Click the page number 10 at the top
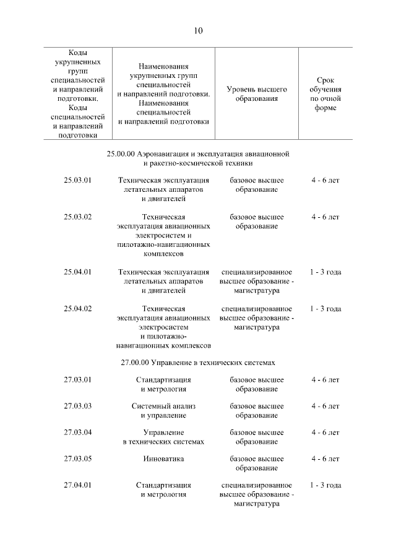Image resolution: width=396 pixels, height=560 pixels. pyautogui.click(x=197, y=30)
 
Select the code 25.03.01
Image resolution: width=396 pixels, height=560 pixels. pyautogui.click(x=77, y=181)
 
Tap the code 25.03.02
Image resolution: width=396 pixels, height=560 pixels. pyautogui.click(x=77, y=217)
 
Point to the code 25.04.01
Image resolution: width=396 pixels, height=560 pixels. pyautogui.click(x=77, y=272)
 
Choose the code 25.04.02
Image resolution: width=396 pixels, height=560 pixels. pyautogui.click(x=77, y=309)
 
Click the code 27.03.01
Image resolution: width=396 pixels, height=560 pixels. pyautogui.click(x=77, y=380)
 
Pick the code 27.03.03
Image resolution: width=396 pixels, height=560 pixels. pyautogui.click(x=77, y=407)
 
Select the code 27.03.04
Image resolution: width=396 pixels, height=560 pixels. pyautogui.click(x=77, y=433)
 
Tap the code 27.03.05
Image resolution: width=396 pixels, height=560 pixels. pyautogui.click(x=77, y=459)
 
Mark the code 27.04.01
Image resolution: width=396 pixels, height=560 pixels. pyautogui.click(x=77, y=486)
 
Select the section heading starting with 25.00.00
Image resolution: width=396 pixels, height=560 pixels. pyautogui.click(x=197, y=158)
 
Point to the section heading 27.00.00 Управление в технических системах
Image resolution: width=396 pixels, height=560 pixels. pyautogui.click(x=197, y=362)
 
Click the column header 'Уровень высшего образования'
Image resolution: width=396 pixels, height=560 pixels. pyautogui.click(x=257, y=93)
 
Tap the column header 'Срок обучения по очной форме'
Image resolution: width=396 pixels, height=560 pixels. pyautogui.click(x=325, y=93)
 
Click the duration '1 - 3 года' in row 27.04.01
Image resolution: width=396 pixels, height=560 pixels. pyautogui.click(x=325, y=486)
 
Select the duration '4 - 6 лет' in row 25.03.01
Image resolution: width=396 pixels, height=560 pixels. pyautogui.click(x=325, y=181)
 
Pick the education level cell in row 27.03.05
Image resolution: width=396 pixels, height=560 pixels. pyautogui.click(x=257, y=463)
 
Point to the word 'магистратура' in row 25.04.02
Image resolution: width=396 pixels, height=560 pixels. pyautogui.click(x=257, y=327)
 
